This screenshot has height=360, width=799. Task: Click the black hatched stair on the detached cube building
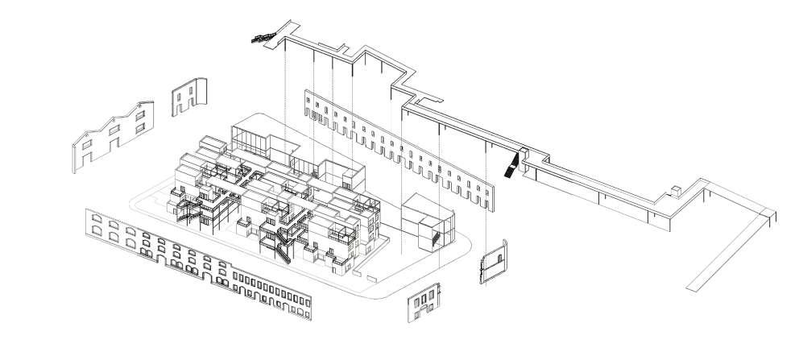tap(436, 238)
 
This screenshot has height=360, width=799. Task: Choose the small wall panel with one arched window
tap(492, 263)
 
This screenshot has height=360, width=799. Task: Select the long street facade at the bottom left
tap(197, 262)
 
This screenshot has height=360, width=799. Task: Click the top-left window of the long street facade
tap(96, 217)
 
